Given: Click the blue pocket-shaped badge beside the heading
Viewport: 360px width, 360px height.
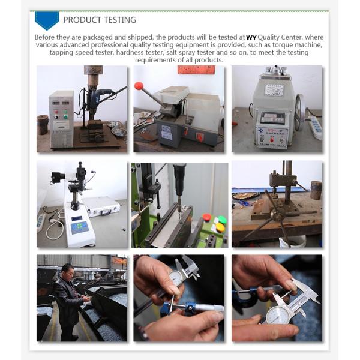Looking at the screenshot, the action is [47, 20].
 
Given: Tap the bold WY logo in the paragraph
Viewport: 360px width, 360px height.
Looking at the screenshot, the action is [251, 37].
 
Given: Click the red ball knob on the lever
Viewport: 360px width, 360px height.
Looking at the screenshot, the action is [139, 86].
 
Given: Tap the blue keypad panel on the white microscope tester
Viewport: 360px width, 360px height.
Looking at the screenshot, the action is [79, 227].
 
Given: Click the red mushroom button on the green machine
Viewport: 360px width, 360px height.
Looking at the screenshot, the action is [206, 217].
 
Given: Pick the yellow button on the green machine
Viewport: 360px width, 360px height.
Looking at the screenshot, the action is [220, 227].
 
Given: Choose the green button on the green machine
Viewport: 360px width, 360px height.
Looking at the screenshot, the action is [222, 219].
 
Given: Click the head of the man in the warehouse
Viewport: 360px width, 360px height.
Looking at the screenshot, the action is [68, 271].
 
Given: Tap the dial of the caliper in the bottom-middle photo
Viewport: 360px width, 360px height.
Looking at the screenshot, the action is [175, 278].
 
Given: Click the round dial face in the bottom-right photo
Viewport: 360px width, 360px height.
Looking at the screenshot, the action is [278, 315].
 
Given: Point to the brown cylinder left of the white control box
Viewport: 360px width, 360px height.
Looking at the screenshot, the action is [43, 124].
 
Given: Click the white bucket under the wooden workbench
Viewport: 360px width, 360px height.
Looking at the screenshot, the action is [292, 241].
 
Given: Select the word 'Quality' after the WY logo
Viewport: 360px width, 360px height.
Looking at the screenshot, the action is [268, 37].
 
